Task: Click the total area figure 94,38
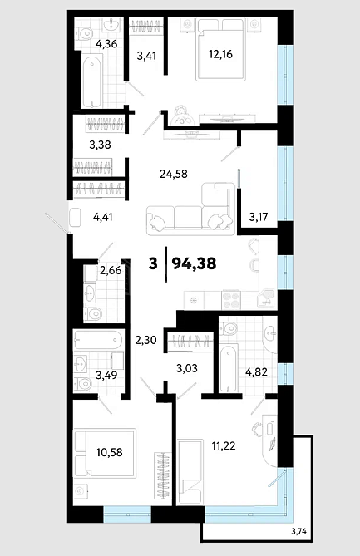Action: tap(194, 263)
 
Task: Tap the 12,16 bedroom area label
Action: tap(220, 54)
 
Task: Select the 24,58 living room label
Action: tap(174, 174)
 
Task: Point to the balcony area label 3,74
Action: tap(298, 531)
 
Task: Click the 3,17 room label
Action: tap(259, 216)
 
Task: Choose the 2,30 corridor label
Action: tap(145, 340)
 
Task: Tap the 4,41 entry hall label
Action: tap(102, 217)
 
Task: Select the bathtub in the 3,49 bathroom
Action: tap(98, 340)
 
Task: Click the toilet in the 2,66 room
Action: tap(93, 314)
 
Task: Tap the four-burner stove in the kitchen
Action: tap(231, 300)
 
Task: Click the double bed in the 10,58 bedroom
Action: tap(105, 454)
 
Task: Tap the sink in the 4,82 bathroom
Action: tap(272, 333)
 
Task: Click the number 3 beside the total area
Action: tap(153, 263)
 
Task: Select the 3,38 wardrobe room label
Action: tap(100, 145)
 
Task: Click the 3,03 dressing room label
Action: tap(187, 368)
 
